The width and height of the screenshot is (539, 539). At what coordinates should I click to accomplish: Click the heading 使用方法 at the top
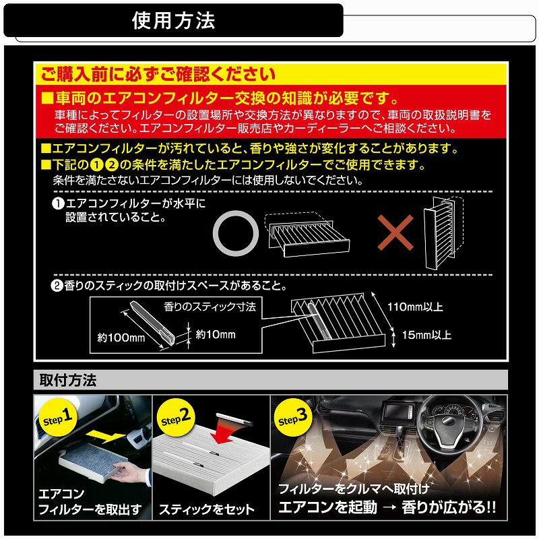click(x=173, y=20)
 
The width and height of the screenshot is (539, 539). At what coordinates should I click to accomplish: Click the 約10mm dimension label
click(x=215, y=334)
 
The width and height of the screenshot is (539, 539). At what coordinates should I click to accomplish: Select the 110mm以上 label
click(x=414, y=307)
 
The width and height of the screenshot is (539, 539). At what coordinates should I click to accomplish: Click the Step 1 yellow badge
click(x=57, y=418)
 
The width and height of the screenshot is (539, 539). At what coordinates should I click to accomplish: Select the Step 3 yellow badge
click(x=294, y=418)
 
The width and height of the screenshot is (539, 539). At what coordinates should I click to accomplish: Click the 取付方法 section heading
click(x=68, y=381)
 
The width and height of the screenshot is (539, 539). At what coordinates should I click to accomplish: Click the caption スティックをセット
click(x=207, y=509)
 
